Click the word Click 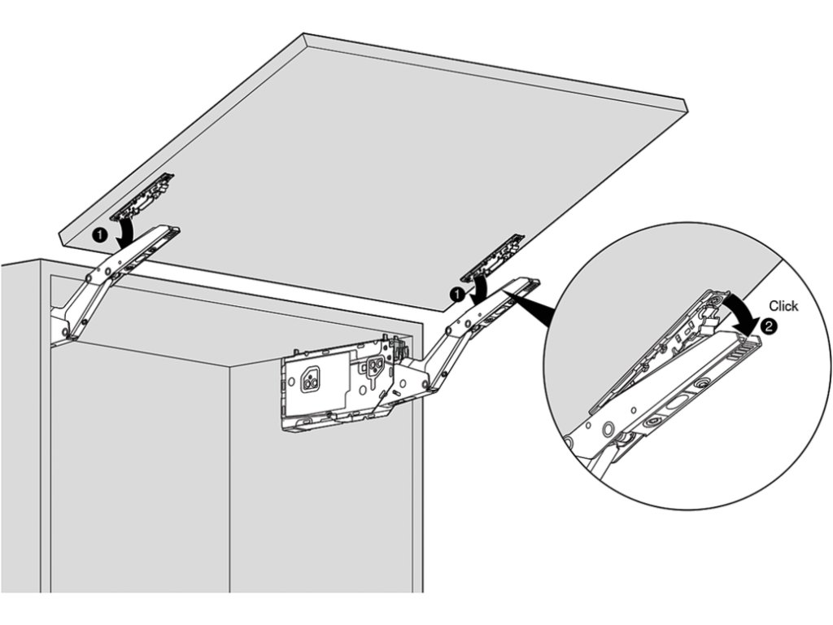[783, 306]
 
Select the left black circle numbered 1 [98, 234]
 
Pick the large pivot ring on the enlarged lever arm [607, 428]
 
